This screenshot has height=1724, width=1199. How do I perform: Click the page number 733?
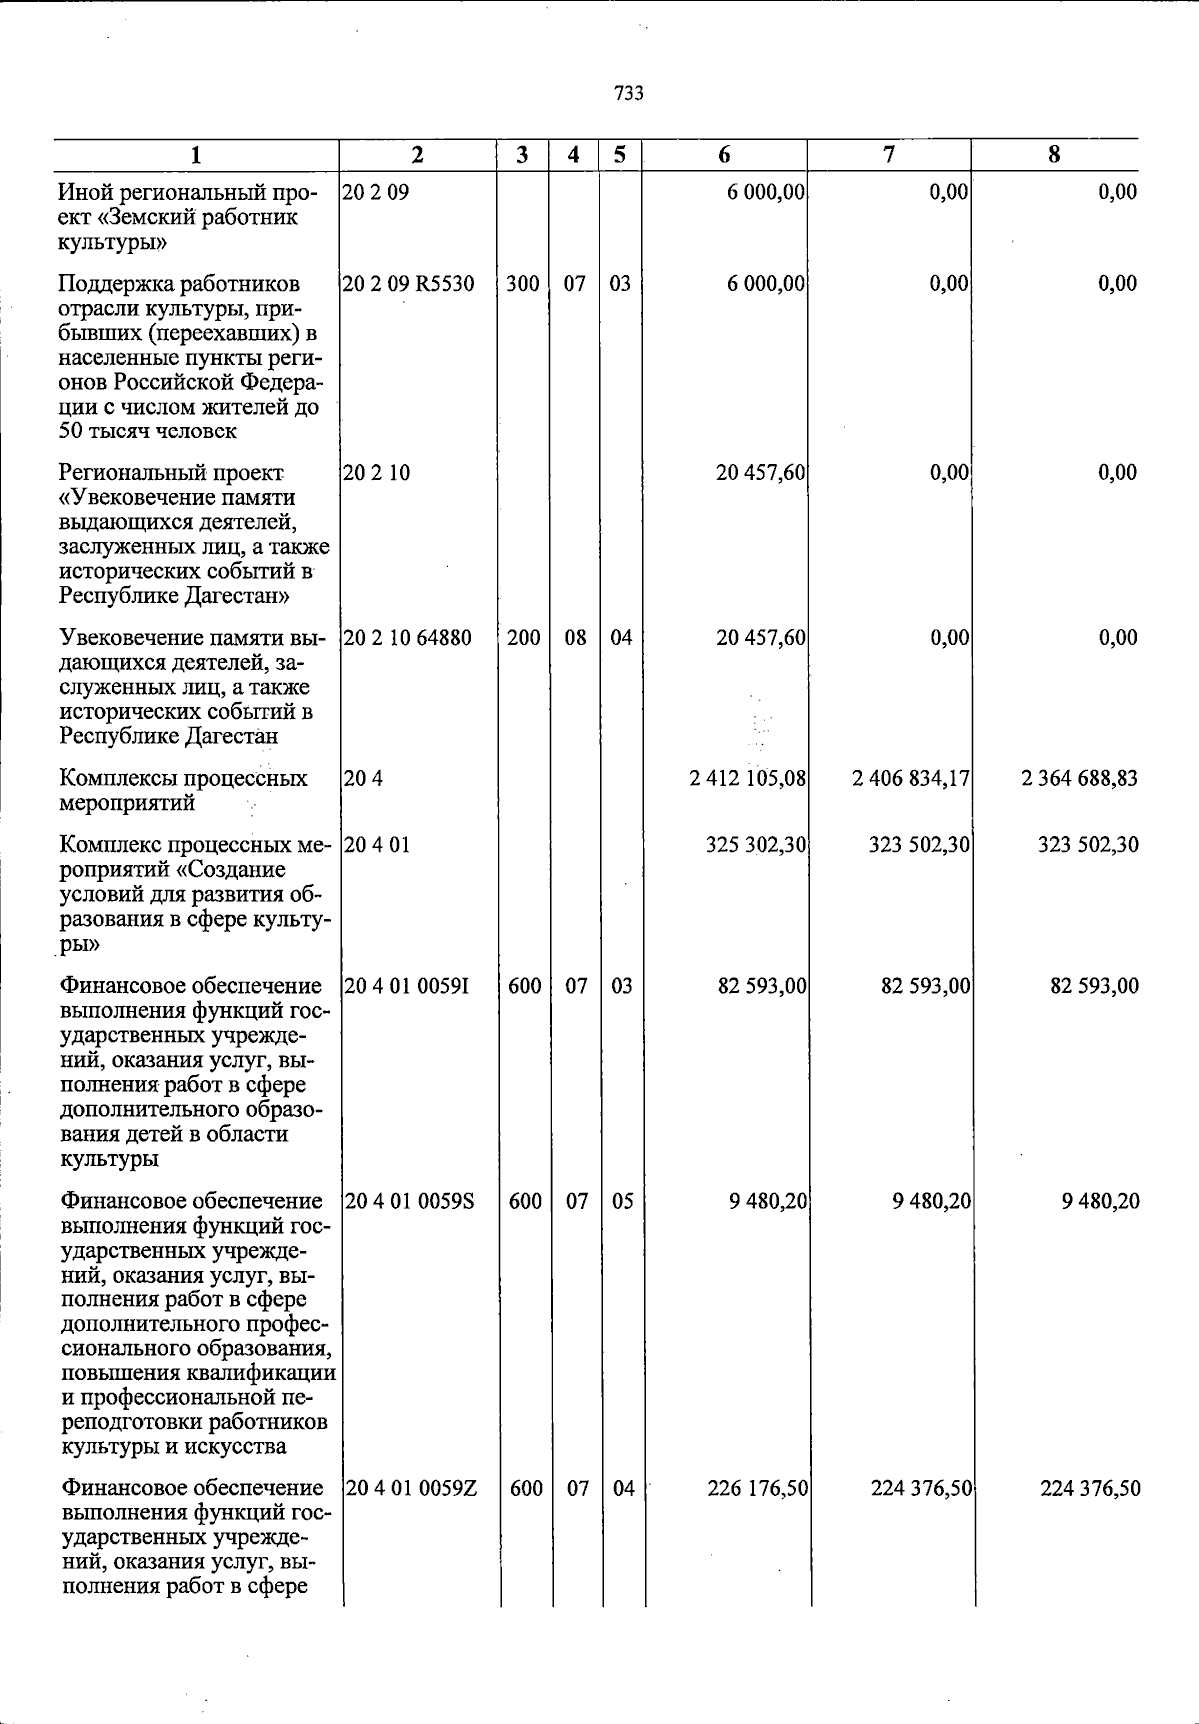point(629,94)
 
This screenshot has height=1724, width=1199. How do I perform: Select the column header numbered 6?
point(724,155)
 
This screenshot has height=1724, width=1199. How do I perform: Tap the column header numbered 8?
point(1054,155)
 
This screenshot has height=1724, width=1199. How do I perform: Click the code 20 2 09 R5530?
point(408,284)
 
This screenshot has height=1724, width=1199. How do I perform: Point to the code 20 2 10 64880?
point(408,638)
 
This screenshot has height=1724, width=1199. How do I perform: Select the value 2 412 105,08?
point(748,778)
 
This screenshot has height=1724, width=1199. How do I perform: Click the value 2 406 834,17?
point(911,778)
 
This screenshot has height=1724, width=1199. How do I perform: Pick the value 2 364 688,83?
point(1079,778)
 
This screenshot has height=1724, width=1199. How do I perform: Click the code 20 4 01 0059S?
point(409,1201)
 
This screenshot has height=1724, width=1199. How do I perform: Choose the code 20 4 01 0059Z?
point(410,1489)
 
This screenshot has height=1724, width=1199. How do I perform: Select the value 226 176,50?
point(757,1489)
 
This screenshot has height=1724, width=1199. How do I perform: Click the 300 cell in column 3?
point(522,284)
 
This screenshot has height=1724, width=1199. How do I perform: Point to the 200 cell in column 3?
point(523,638)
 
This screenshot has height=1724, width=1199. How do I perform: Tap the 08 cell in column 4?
point(575,638)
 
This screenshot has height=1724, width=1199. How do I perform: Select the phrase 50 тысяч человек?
point(147,431)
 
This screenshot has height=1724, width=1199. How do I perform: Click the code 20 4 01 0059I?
point(407,987)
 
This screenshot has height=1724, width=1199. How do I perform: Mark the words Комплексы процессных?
point(183,778)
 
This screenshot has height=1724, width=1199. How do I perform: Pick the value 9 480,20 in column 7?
point(931,1201)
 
